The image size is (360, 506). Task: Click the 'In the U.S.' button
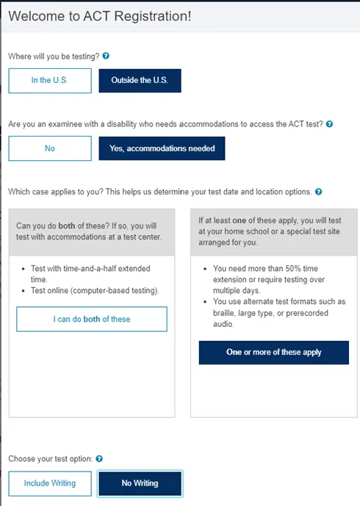click(x=50, y=81)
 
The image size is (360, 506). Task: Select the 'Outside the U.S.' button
click(x=140, y=81)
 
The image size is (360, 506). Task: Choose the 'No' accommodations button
click(x=50, y=148)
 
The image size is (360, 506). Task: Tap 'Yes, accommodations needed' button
click(x=162, y=148)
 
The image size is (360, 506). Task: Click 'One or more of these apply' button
click(x=273, y=352)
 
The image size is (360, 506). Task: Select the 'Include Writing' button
click(x=50, y=483)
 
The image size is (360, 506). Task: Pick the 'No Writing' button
click(x=140, y=483)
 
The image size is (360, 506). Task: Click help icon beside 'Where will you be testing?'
click(x=106, y=56)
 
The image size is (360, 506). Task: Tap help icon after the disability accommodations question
click(x=329, y=124)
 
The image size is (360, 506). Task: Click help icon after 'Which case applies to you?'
click(x=318, y=192)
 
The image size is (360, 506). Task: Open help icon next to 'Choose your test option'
click(x=99, y=459)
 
